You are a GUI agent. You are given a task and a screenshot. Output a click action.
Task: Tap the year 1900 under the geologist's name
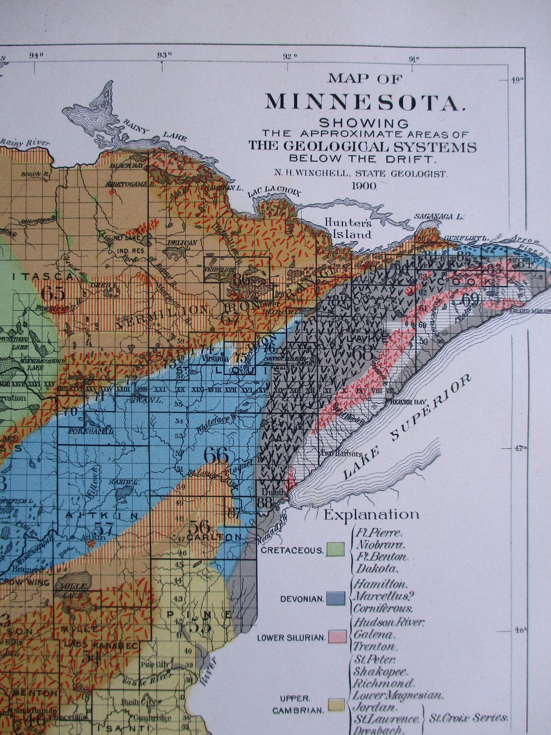(x=365, y=186)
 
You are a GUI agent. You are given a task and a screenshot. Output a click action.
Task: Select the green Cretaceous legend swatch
(x=335, y=549)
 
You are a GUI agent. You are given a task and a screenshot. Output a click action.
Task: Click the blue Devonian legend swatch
(x=335, y=598)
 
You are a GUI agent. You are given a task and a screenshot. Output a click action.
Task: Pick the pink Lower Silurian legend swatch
(x=336, y=636)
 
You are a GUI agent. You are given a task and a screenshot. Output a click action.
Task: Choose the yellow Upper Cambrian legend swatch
(x=336, y=704)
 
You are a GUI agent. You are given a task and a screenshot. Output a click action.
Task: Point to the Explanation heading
(x=371, y=514)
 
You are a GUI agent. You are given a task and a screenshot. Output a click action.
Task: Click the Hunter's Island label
(x=348, y=229)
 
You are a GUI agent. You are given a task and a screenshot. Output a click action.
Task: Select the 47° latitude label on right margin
(x=520, y=448)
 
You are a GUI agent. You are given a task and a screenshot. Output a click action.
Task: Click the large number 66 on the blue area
(x=216, y=455)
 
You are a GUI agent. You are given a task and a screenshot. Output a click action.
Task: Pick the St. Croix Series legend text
(x=468, y=717)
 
